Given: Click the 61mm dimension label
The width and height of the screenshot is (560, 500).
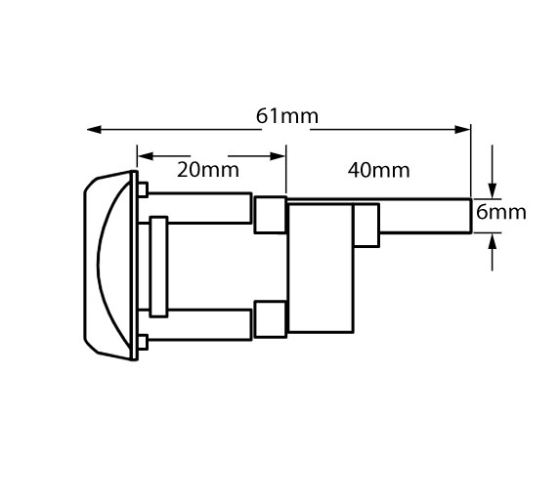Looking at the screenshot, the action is pos(287,116).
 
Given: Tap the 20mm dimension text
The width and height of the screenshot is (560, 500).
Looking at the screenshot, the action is pos(208,170).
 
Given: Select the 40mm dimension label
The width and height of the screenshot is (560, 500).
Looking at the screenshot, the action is pos(378,170).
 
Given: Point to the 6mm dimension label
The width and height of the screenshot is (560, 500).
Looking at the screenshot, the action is pos(501,212).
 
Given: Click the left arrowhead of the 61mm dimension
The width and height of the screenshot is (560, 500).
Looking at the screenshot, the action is pos(94,130).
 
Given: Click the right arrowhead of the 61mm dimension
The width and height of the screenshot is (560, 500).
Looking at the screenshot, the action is pos(462,130).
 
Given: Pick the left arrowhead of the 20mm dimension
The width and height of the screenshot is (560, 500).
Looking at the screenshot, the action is pos(146,156).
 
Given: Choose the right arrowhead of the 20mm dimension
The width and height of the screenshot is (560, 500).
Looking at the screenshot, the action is pos(278,156).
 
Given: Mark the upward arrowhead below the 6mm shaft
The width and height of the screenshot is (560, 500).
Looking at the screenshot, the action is pos(493,241).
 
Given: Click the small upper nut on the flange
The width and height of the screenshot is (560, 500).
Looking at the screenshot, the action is pos(143,189).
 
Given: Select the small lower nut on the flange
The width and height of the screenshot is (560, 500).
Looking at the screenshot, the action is pos(143,342).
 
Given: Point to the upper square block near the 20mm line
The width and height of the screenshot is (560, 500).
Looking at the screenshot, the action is pos(271,215).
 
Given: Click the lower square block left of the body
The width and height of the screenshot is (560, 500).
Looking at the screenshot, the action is pos(271,319).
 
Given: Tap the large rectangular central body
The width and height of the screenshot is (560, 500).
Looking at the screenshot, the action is pos(321,268).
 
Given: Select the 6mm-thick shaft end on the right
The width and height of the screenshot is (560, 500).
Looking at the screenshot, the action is pos(425,216).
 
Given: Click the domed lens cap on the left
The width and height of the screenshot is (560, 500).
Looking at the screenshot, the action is pos(108,266).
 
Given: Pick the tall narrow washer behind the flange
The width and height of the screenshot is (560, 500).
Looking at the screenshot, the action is pos(158,267).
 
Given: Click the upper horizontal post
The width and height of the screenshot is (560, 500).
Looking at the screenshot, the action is pos(200,208).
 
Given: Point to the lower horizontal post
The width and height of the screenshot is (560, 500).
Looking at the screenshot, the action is pos(200,325).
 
